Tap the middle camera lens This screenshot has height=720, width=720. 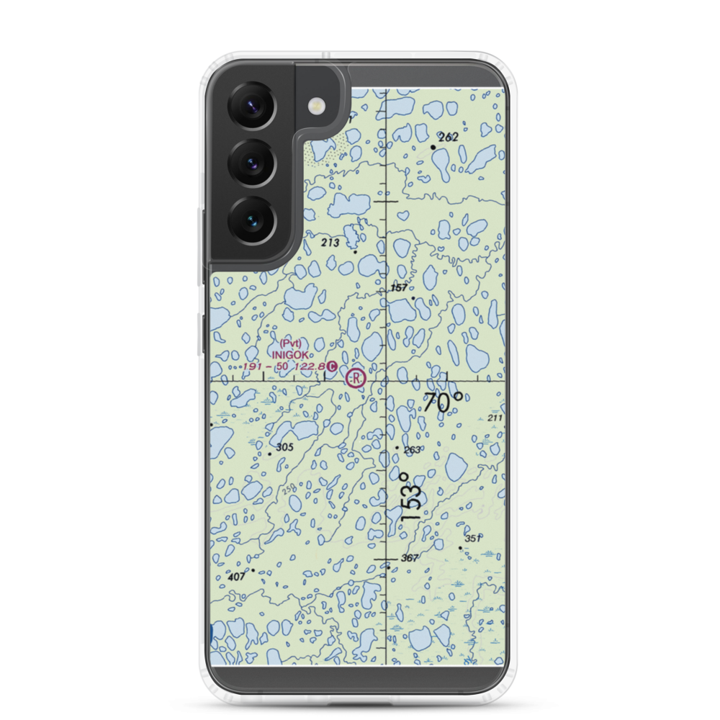252,162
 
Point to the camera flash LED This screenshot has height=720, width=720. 315,107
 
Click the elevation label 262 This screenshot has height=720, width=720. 448,137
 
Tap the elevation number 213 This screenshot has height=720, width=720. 330,243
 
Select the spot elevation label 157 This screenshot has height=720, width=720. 399,288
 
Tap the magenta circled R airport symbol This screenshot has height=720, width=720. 355,377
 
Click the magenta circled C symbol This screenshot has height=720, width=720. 331,367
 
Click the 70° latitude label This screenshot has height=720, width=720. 443,403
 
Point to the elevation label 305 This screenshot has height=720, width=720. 284,447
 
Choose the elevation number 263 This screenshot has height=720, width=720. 412,450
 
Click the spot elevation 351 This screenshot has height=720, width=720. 472,539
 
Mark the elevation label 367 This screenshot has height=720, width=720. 410,559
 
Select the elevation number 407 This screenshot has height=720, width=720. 235,577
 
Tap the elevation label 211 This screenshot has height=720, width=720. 494,418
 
